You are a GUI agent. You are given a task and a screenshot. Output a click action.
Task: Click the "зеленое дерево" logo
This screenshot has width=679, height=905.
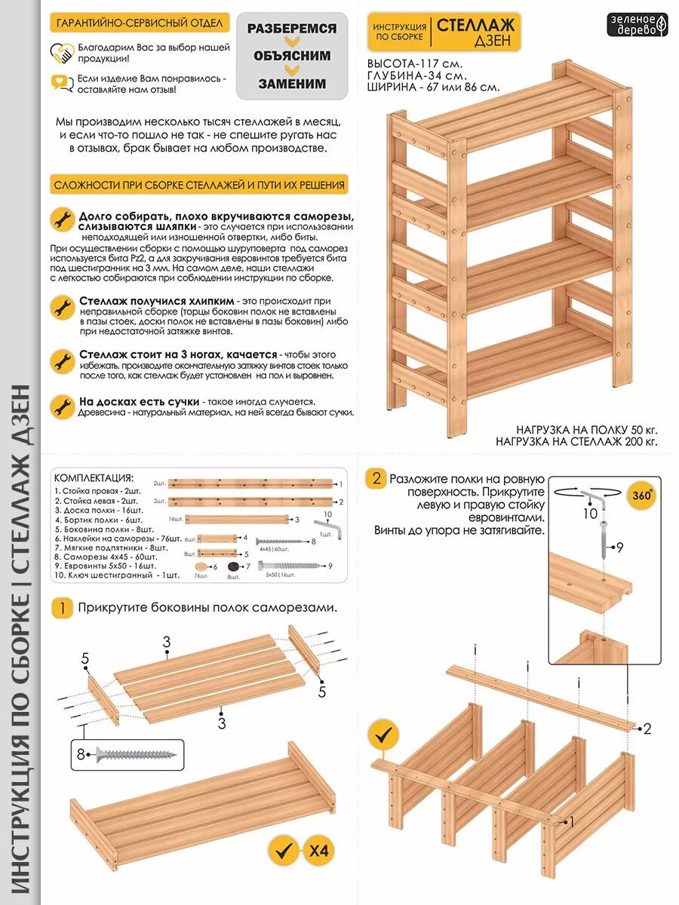tap(638, 24)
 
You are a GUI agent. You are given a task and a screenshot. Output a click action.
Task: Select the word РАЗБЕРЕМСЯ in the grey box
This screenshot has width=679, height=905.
tap(291, 28)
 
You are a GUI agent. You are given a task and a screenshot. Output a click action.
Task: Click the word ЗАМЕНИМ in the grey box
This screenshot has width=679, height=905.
tap(292, 84)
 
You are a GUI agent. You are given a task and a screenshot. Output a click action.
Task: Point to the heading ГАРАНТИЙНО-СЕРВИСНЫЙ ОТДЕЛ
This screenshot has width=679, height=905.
tap(140, 23)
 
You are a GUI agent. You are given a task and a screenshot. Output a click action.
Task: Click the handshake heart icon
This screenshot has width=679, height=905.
tap(62, 52)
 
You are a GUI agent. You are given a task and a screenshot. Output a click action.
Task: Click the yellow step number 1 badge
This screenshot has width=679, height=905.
tap(63, 608)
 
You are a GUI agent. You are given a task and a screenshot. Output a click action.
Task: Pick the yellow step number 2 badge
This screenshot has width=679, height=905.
tap(376, 479)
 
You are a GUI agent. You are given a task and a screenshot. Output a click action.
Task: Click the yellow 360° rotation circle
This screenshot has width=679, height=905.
tap(642, 496)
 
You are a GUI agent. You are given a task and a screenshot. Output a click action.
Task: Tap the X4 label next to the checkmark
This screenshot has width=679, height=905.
tap(319, 852)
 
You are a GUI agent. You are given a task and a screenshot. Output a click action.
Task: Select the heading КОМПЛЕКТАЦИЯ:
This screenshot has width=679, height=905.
tap(94, 478)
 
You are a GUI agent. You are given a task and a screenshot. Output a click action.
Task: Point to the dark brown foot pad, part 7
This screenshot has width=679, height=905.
tap(233, 566)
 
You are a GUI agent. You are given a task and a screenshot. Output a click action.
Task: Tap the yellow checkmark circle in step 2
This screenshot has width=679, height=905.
tap(386, 733)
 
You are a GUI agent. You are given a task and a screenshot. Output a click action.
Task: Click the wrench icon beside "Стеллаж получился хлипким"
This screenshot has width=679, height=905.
tap(62, 307)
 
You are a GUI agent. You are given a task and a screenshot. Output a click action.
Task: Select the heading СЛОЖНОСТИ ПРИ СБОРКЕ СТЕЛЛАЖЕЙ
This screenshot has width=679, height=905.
tap(199, 185)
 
